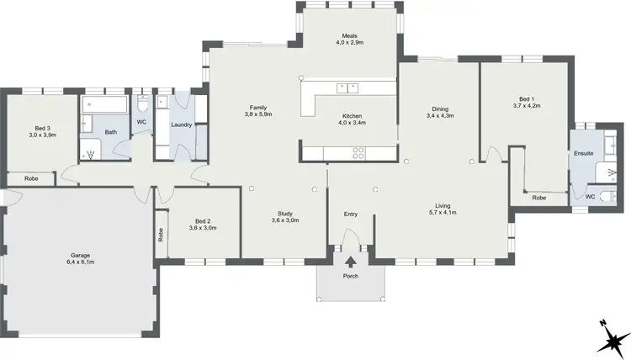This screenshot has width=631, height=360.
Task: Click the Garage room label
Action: (81, 258)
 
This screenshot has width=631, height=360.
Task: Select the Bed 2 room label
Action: (203, 225)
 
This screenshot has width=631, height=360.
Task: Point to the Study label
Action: (285, 216)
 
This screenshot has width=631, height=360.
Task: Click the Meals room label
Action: (350, 39)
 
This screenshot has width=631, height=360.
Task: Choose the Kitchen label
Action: (352, 119)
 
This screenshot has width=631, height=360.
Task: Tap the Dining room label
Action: (440, 112)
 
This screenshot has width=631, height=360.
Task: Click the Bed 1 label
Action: (525, 103)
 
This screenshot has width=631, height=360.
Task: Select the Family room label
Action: (257, 110)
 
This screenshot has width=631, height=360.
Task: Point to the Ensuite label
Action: (583, 154)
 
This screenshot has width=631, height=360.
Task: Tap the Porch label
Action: (350, 277)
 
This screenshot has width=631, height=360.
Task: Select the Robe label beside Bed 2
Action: (160, 236)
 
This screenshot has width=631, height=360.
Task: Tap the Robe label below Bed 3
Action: (30, 178)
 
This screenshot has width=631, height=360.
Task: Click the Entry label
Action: (351, 214)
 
